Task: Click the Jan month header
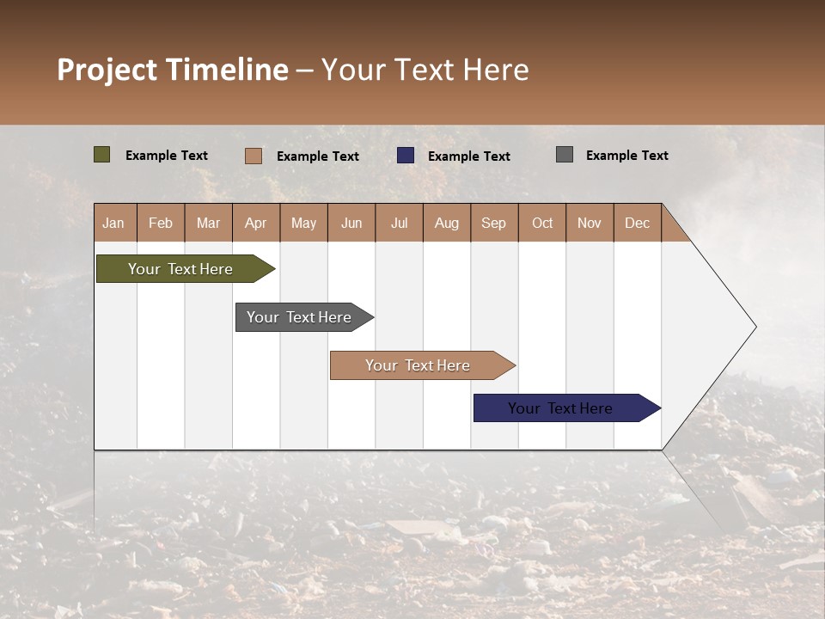(114, 223)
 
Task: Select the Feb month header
(161, 223)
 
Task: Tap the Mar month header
(208, 223)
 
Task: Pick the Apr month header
(256, 223)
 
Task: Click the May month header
(303, 223)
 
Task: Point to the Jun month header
(351, 223)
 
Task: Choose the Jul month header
(399, 223)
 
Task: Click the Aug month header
(447, 223)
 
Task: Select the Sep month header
(494, 223)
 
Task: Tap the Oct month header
(542, 223)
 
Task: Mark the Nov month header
(590, 223)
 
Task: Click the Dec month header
(638, 223)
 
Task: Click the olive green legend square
(102, 155)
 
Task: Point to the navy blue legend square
(406, 155)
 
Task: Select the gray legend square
(565, 155)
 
